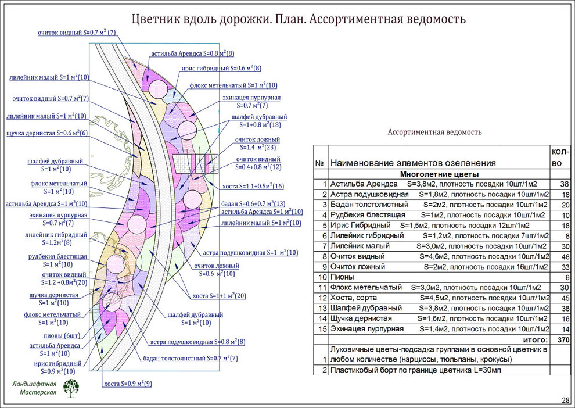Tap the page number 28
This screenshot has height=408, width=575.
pyautogui.click(x=565, y=400)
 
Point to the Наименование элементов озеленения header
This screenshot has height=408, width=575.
pyautogui.click(x=413, y=163)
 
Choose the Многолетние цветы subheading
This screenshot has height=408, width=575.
pyautogui.click(x=440, y=174)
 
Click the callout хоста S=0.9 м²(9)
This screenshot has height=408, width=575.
pyautogui.click(x=127, y=384)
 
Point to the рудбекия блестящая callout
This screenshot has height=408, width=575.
pyautogui.click(x=58, y=260)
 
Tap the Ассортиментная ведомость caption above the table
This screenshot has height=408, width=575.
pyautogui.click(x=434, y=132)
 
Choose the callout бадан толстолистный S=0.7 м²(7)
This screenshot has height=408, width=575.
pyautogui.click(x=191, y=358)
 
